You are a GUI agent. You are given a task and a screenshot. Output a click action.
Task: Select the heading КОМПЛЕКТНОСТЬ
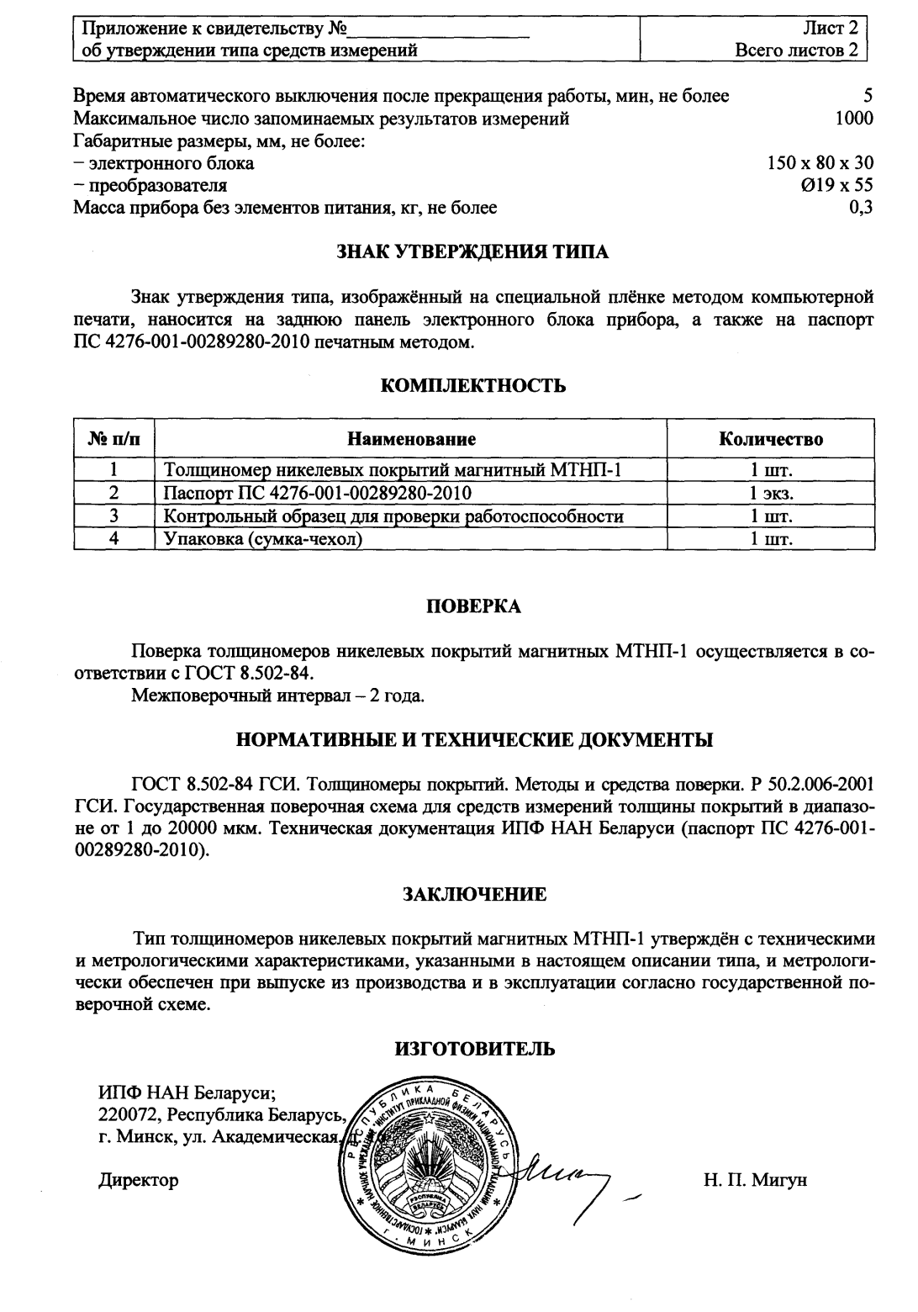472,386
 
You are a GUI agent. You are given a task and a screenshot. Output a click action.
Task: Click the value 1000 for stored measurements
853,119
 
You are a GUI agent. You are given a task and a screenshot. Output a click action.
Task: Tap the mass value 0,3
860,208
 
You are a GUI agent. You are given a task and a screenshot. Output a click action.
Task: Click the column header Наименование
412,439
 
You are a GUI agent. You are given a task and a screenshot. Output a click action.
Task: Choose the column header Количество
771,439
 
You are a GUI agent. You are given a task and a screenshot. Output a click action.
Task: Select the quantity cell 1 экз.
771,494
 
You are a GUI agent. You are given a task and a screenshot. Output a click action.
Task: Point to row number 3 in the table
113,516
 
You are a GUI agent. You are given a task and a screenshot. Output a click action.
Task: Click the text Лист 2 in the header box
831,30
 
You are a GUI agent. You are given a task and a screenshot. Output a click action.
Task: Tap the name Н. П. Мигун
755,1180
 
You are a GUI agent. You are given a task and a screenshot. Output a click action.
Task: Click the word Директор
139,1180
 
